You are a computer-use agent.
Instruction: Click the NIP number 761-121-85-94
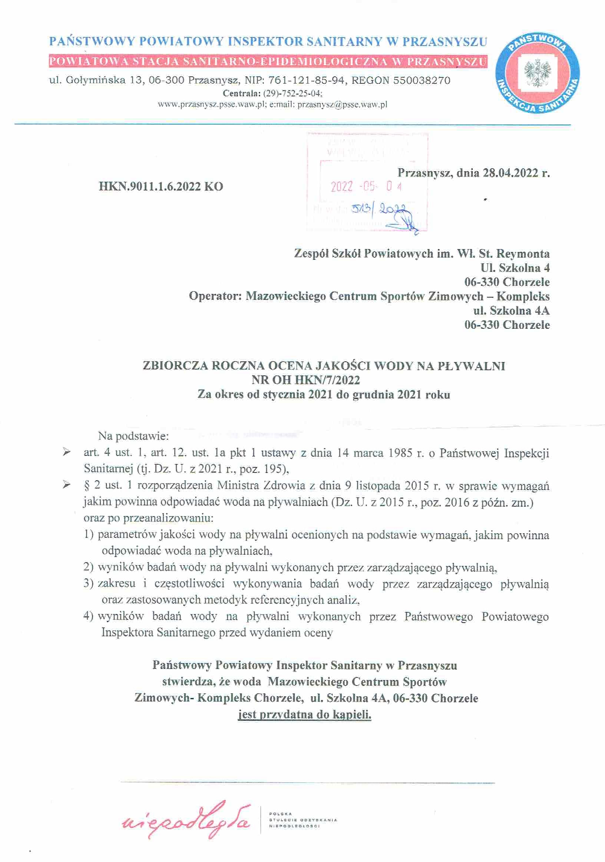(307, 80)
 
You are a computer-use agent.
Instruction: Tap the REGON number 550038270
(421, 80)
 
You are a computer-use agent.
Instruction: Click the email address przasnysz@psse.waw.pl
(342, 105)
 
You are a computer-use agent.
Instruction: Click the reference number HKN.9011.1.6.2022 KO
(161, 186)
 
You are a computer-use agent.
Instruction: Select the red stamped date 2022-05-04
(366, 186)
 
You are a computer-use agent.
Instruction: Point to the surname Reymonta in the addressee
(523, 254)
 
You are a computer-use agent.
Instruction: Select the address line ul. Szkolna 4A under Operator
(511, 311)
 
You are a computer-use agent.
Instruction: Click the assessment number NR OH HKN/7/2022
(305, 380)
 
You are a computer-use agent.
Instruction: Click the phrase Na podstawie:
(133, 436)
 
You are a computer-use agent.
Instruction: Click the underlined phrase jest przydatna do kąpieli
(305, 715)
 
